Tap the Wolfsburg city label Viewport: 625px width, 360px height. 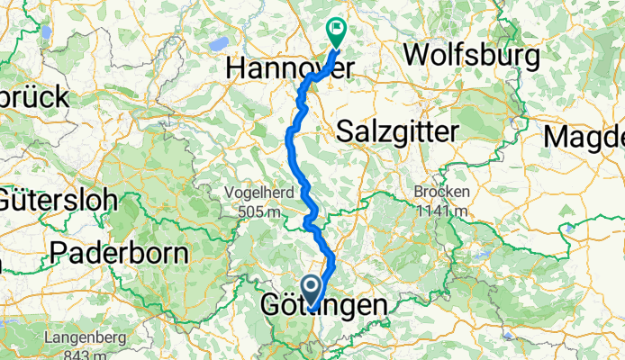tap(472, 55)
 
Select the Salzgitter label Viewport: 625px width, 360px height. tap(397, 131)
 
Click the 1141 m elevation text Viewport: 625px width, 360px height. tap(439, 211)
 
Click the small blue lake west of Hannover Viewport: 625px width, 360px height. tap(218, 42)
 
